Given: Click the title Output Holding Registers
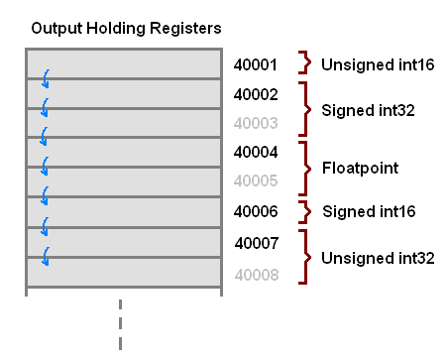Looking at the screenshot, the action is point(126,27).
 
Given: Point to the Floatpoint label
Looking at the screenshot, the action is point(359,168).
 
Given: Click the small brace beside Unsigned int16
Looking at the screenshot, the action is point(306,64).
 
